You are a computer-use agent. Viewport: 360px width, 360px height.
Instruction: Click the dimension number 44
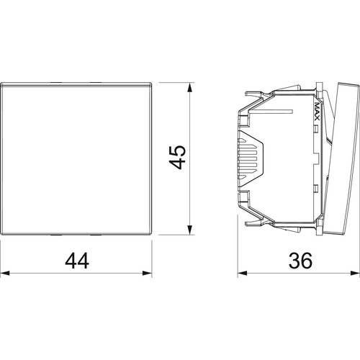coord(77,261)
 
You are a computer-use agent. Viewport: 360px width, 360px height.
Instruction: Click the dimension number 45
coord(178,157)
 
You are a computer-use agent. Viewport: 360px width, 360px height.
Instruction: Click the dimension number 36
coord(300,261)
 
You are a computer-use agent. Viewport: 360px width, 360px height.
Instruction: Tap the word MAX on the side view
coord(317,112)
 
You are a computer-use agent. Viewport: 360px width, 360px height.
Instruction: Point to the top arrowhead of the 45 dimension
coord(190,87)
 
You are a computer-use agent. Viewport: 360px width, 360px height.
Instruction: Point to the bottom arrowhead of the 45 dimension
coord(190,230)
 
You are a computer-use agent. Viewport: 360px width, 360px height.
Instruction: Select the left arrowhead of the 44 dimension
coord(5,273)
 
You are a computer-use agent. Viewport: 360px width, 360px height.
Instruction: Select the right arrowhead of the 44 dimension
coord(147,273)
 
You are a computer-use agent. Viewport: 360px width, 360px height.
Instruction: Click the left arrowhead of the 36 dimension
coord(243,273)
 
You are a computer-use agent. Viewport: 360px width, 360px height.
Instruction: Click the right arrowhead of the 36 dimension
coord(355,273)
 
